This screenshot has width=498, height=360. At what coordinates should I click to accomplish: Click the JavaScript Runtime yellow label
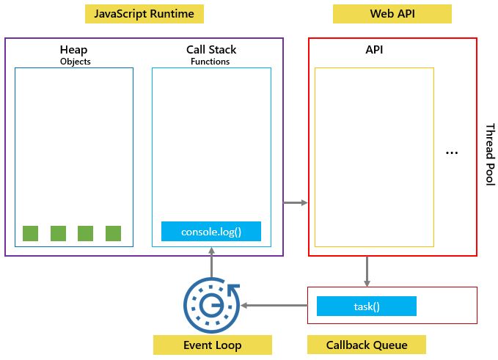pyautogui.click(x=144, y=14)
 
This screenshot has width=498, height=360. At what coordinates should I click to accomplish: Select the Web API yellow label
pyautogui.click(x=392, y=14)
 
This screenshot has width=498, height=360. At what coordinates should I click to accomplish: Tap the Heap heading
pyautogui.click(x=73, y=50)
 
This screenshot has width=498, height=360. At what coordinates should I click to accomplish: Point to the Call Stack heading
pyautogui.click(x=211, y=50)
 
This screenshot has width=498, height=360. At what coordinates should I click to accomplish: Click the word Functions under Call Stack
pyautogui.click(x=210, y=62)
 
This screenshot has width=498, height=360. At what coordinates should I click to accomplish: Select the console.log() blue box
pyautogui.click(x=211, y=232)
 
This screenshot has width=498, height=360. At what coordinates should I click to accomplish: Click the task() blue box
pyautogui.click(x=366, y=306)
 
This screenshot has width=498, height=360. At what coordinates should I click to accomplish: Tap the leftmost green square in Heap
pyautogui.click(x=30, y=233)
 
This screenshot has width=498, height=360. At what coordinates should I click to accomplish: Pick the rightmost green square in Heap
pyautogui.click(x=113, y=233)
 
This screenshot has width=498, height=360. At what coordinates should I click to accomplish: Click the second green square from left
pyautogui.click(x=58, y=233)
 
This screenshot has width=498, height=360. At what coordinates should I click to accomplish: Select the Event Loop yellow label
pyautogui.click(x=212, y=345)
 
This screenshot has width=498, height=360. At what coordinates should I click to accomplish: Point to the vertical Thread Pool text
pyautogui.click(x=489, y=154)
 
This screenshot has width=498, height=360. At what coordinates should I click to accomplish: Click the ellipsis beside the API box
pyautogui.click(x=452, y=153)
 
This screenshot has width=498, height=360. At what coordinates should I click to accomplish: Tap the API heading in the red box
pyautogui.click(x=374, y=51)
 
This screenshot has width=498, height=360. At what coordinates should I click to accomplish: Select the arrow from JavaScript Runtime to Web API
pyautogui.click(x=296, y=202)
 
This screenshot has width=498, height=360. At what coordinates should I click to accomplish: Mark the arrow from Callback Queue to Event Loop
pyautogui.click(x=274, y=305)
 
